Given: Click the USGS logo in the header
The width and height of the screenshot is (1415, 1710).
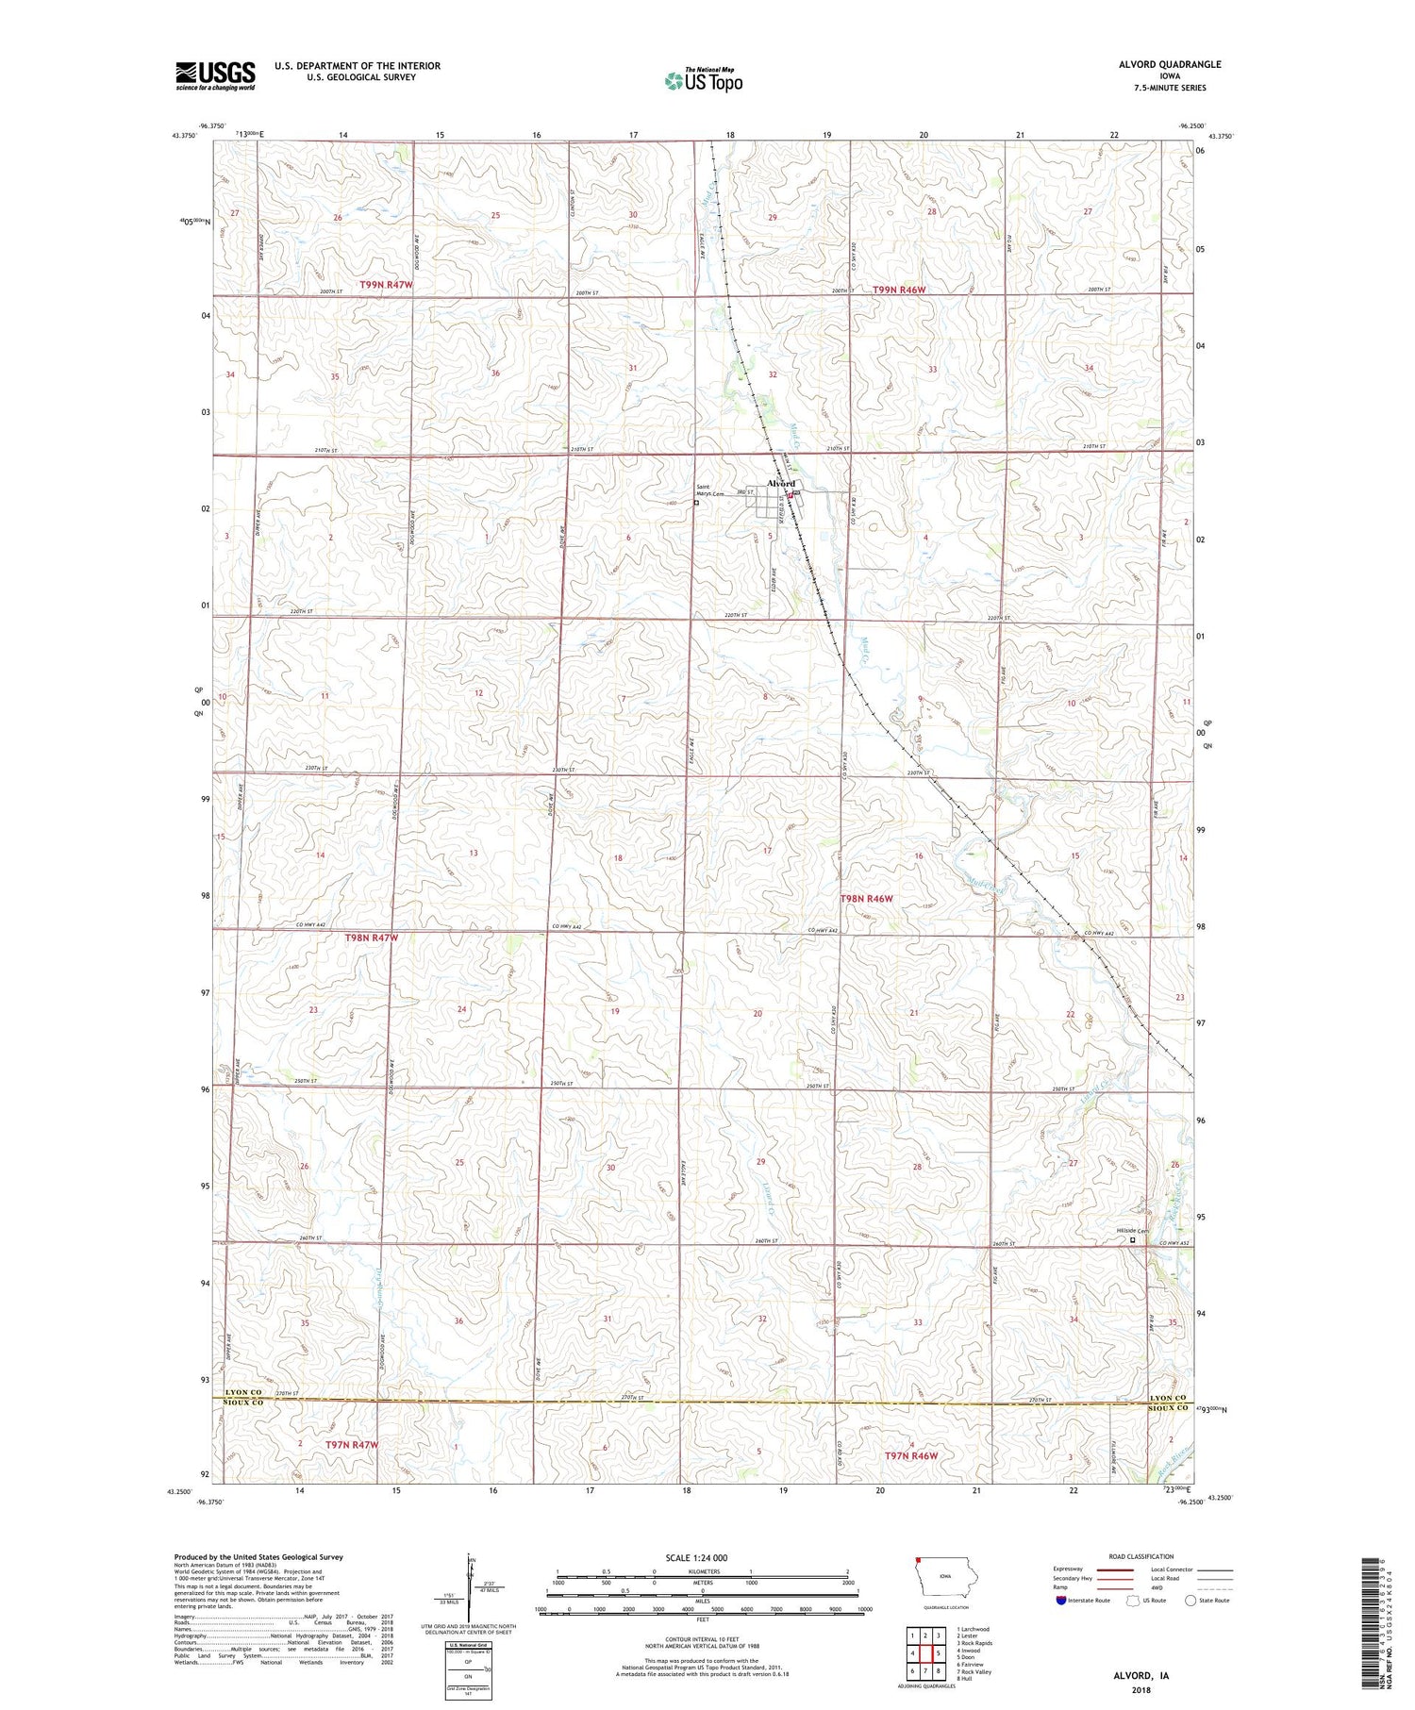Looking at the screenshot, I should (215, 75).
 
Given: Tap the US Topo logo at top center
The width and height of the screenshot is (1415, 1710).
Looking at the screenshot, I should (703, 81).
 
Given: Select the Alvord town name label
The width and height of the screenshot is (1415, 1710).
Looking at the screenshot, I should (781, 483).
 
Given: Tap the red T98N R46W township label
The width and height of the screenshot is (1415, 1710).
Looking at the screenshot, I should (866, 899).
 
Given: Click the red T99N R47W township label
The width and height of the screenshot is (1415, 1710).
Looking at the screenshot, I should (386, 284).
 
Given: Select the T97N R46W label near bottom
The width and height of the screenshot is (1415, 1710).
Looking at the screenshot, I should (910, 1456).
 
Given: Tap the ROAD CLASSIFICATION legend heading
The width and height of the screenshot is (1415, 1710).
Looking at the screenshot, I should (1140, 1556).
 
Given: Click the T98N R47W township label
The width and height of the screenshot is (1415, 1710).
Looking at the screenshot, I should (372, 938).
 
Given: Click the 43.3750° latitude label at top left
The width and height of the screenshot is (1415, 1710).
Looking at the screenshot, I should (185, 136).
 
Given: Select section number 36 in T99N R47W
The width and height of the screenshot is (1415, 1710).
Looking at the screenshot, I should (495, 373).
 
